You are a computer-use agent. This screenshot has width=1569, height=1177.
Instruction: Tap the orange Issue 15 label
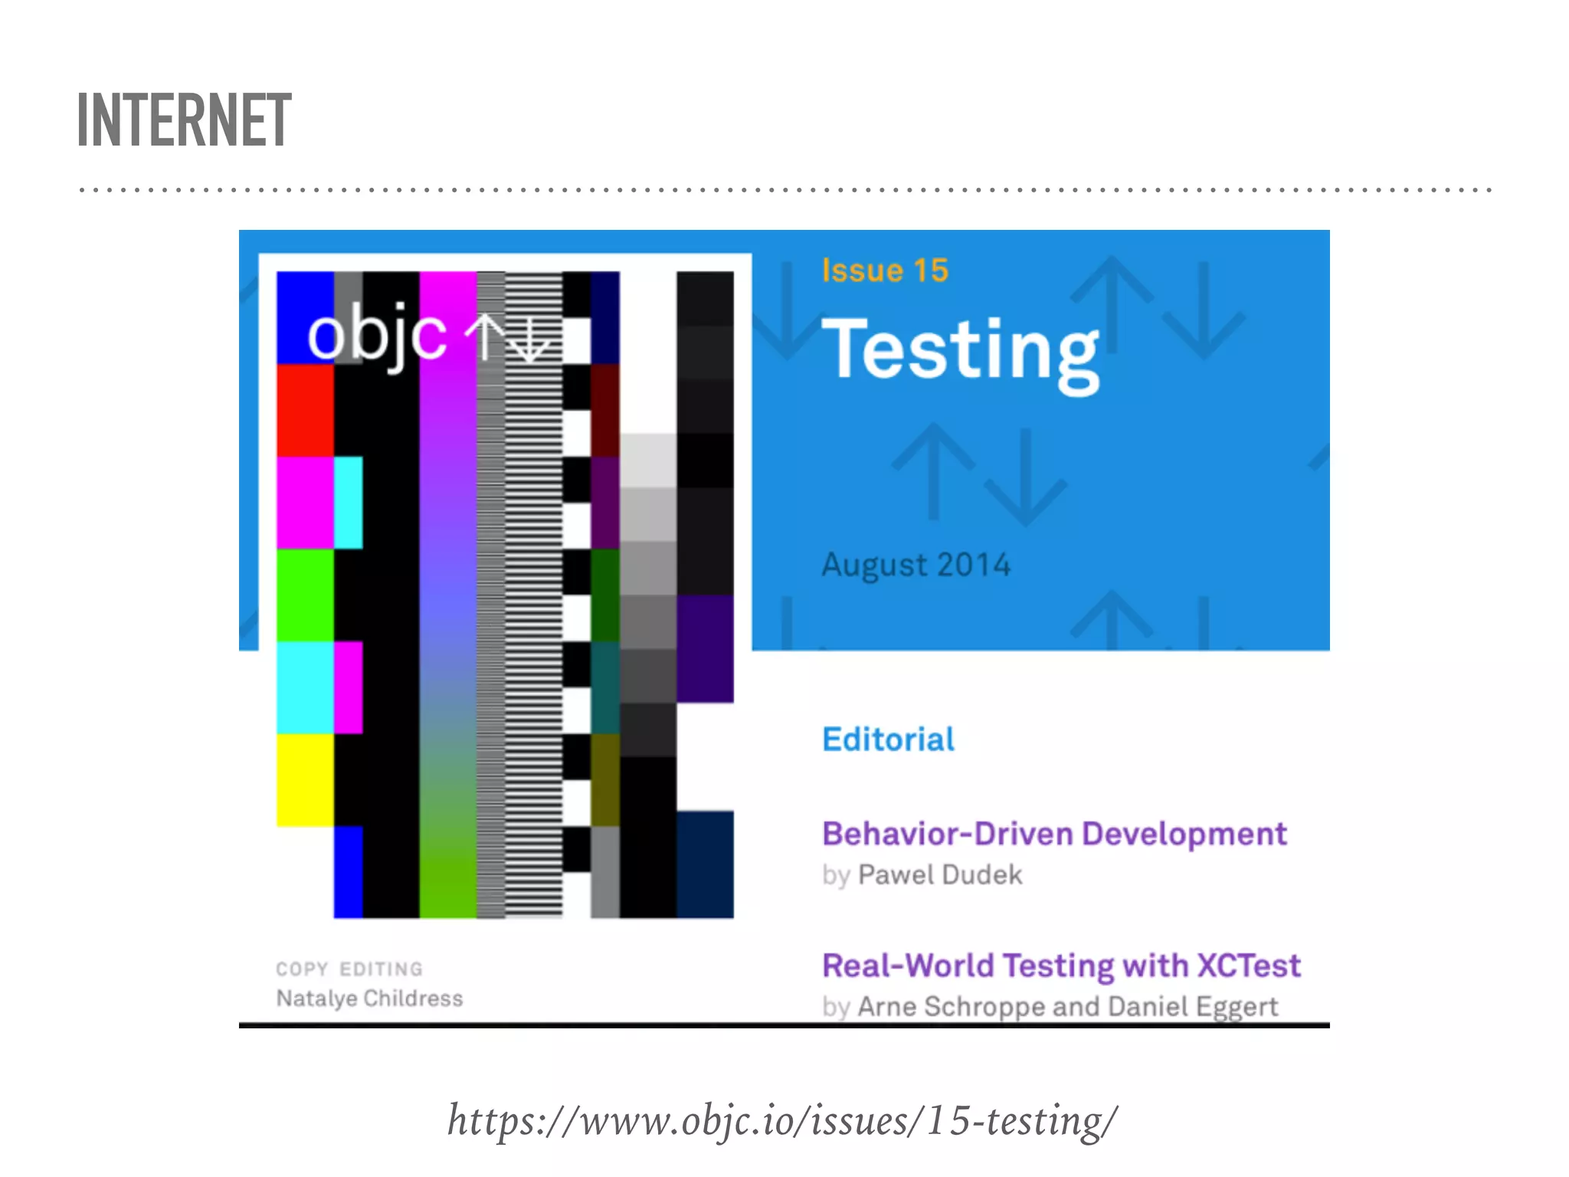pos(885,270)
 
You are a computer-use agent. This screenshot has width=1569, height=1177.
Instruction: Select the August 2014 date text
pos(916,566)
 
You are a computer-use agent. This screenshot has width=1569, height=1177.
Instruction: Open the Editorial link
pos(888,739)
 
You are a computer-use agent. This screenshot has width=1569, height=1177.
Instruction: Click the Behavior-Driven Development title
pos(1053,834)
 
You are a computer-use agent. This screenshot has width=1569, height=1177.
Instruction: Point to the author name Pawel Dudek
pos(939,875)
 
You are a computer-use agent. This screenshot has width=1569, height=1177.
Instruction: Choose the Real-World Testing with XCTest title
pos(1061,966)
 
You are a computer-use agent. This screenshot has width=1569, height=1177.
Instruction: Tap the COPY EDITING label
pos(349,969)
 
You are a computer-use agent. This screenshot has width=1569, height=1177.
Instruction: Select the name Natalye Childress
pos(369,998)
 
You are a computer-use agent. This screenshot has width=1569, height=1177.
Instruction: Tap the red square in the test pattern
pos(305,410)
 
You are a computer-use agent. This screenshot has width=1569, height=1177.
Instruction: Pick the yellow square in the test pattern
pos(305,779)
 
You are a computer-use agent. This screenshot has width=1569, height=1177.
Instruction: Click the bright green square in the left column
pos(305,595)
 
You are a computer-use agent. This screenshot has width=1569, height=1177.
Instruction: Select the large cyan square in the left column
pos(305,687)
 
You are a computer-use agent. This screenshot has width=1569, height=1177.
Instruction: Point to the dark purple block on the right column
pos(705,648)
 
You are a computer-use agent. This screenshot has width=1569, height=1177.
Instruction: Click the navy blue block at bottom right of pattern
pos(705,864)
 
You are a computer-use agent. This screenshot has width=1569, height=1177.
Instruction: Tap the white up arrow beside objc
pos(486,337)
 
